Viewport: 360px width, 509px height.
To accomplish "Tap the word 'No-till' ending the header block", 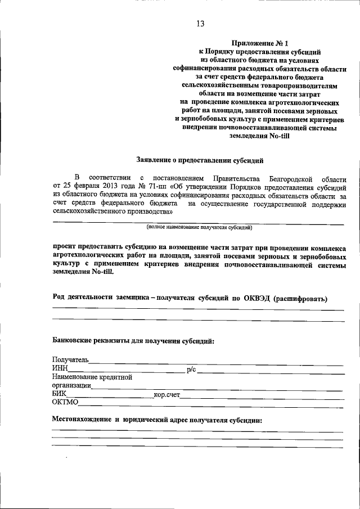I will click(277, 136).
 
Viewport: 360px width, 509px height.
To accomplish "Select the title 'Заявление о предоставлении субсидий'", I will click(200, 160).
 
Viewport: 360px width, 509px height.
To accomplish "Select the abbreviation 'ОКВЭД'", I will click(253, 298).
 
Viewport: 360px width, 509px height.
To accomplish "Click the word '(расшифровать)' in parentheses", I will click(300, 298).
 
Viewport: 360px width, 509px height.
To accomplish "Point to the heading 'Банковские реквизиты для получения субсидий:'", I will click(133, 340).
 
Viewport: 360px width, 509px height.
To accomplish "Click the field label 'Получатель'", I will click(70, 360).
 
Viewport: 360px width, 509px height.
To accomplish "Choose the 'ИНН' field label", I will click(60, 368).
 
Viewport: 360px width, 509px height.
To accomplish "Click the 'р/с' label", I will click(191, 369).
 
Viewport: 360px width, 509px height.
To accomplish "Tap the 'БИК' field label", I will click(58, 395).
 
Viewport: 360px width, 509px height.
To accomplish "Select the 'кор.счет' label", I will click(166, 395).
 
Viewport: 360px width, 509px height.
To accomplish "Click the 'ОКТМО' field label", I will click(65, 403).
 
